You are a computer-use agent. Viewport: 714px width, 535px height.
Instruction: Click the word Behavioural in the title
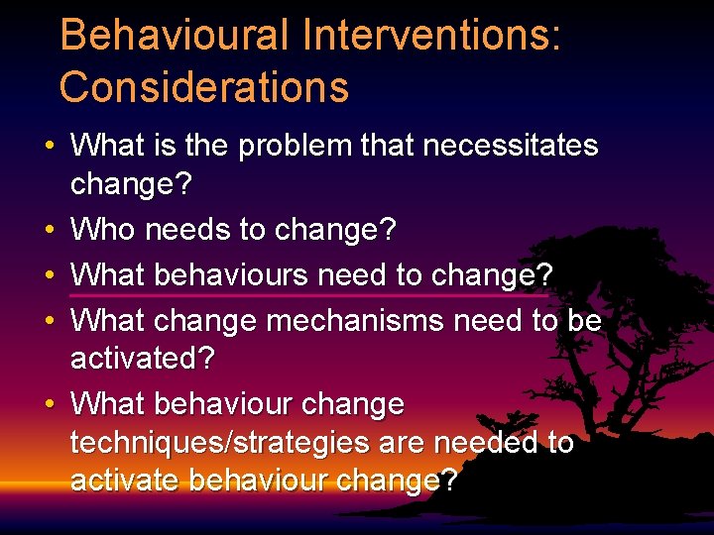tap(173, 37)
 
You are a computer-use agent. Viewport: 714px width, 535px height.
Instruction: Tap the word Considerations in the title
tap(204, 87)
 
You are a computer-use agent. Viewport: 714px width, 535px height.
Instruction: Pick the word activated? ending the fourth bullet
tap(142, 357)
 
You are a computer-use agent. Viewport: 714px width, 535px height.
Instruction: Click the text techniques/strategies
tap(201, 443)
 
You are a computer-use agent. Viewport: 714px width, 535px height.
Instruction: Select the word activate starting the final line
tap(126, 481)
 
